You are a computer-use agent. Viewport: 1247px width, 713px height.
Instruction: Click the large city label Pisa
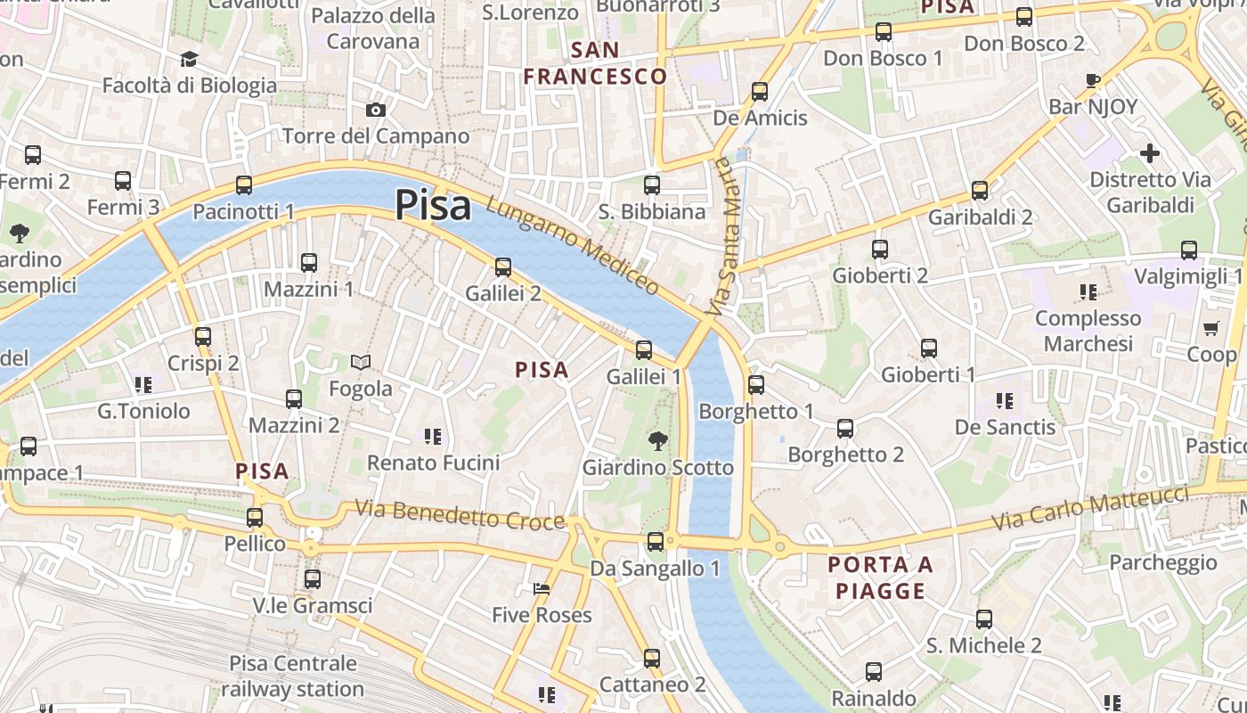433,205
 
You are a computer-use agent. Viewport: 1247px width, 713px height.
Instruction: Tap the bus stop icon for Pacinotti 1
244,185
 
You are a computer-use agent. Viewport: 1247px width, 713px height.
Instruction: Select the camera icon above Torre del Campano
376,110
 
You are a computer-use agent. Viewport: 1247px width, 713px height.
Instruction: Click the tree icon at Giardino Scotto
657,440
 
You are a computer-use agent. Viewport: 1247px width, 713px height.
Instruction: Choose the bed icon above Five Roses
541,588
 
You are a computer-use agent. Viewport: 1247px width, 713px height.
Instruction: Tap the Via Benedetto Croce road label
460,514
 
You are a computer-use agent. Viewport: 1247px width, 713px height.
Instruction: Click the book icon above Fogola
361,362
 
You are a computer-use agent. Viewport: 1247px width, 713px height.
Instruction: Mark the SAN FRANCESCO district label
595,63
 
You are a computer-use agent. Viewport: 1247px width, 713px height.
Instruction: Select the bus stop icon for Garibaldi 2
980,190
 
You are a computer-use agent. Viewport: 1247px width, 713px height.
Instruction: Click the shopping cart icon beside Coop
1210,329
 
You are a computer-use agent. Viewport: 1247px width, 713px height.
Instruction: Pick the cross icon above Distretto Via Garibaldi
1150,153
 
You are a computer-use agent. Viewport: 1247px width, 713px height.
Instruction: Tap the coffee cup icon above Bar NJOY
1093,81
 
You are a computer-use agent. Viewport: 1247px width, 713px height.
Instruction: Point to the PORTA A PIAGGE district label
880,578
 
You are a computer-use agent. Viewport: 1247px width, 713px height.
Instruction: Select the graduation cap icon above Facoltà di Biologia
189,60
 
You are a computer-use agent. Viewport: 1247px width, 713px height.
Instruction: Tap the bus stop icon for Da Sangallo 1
656,541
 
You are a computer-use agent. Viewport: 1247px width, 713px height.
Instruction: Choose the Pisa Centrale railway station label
293,676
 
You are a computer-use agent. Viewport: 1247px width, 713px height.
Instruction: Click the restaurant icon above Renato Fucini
433,437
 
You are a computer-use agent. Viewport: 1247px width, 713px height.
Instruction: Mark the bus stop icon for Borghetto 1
756,385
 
